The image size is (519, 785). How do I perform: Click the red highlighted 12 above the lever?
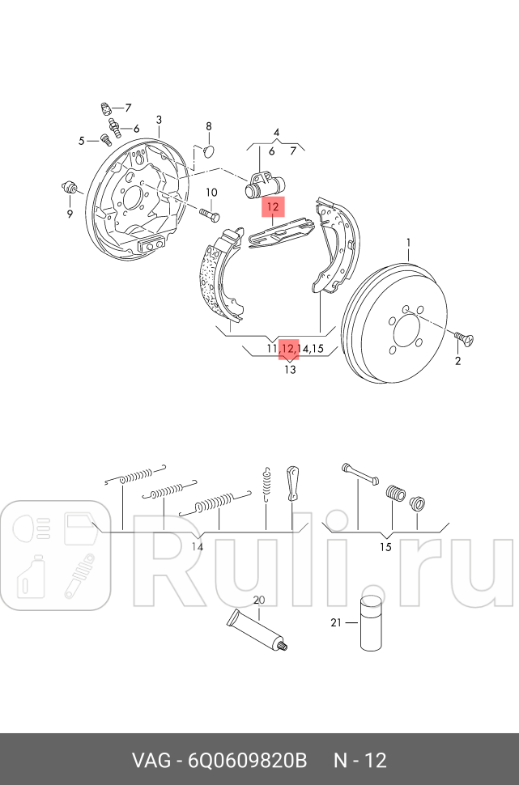point(273,206)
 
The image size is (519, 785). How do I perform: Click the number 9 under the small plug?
point(70,214)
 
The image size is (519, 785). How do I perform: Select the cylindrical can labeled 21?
point(371,623)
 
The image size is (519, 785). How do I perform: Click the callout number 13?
point(290,370)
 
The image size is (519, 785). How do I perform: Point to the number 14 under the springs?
point(198,547)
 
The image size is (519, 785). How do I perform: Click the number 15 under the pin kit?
point(385,547)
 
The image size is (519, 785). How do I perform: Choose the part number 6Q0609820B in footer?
point(247,761)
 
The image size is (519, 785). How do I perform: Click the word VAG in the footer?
point(150,761)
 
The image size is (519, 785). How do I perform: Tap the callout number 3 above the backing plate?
point(159,120)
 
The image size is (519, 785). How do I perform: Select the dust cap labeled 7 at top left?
point(105,108)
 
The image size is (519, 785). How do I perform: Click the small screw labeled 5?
point(105,139)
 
